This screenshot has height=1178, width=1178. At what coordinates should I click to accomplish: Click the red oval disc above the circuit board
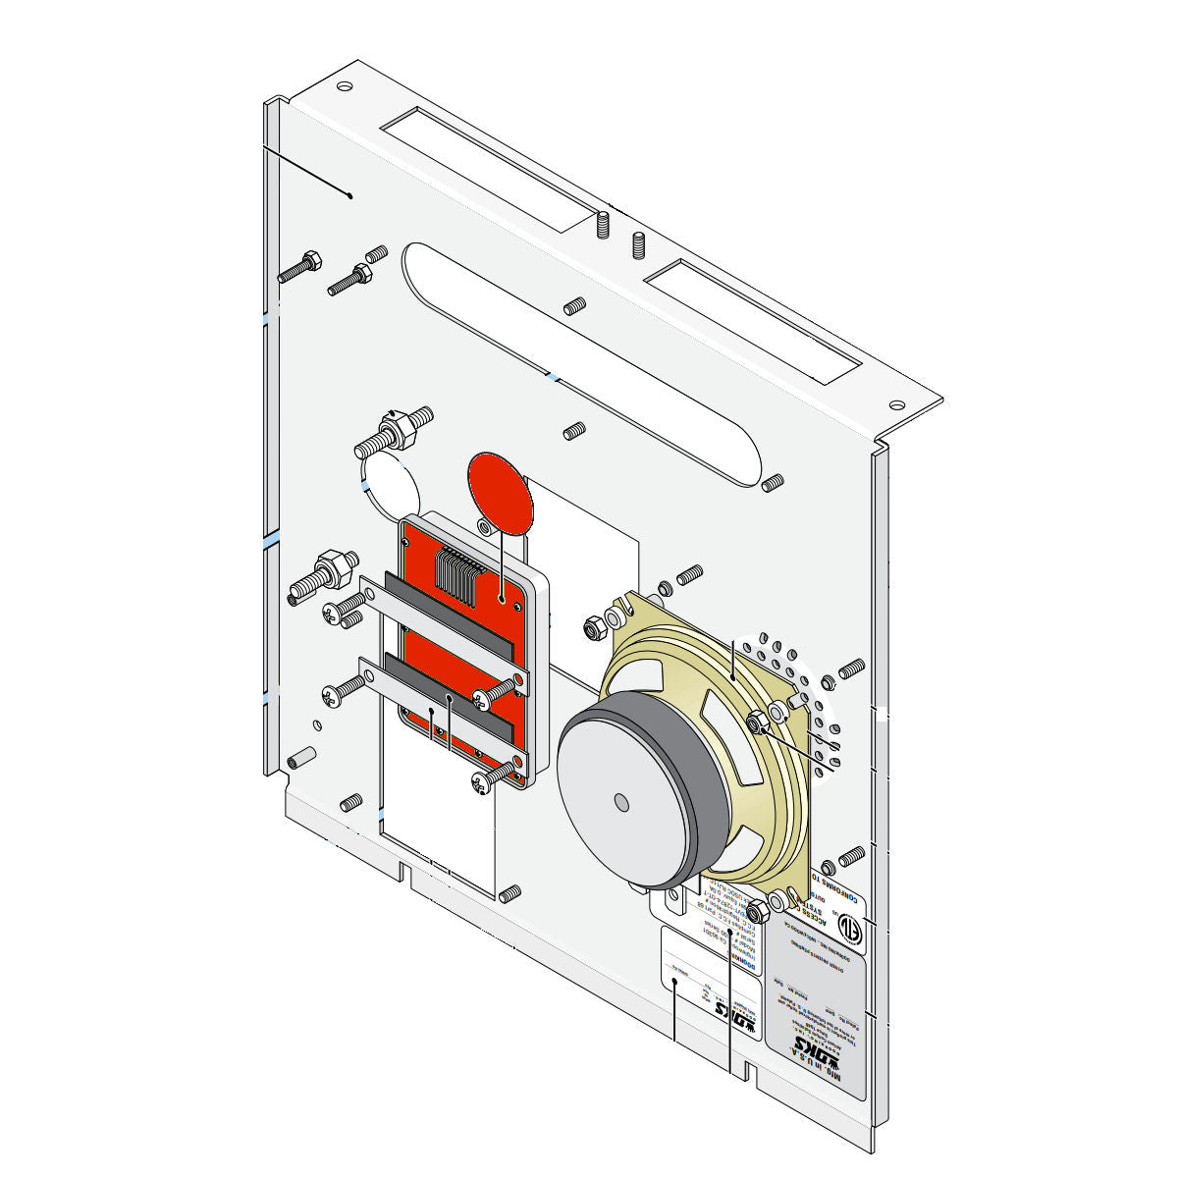point(501,493)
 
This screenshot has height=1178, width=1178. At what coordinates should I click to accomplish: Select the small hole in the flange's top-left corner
point(344,86)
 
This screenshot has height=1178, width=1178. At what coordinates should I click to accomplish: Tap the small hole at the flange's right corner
point(896,404)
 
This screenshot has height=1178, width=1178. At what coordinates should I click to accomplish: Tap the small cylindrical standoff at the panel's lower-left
point(298,758)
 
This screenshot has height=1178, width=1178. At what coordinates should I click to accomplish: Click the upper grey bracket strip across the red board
point(447,628)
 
